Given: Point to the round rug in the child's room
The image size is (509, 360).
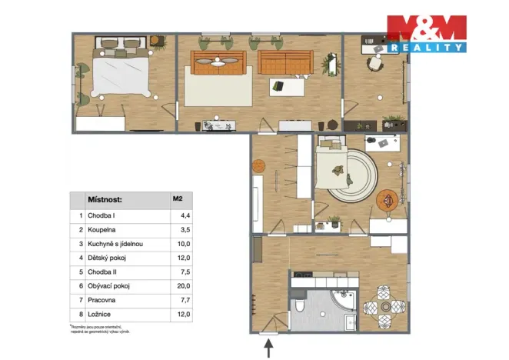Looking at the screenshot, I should click(x=351, y=177).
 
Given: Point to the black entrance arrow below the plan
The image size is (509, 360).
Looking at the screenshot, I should click(x=268, y=348).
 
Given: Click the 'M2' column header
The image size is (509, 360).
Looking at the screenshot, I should click(x=178, y=200).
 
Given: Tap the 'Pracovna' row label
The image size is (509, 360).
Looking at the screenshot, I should click(x=101, y=299).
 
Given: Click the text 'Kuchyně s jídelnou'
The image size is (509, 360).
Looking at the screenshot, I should click(x=115, y=243).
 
